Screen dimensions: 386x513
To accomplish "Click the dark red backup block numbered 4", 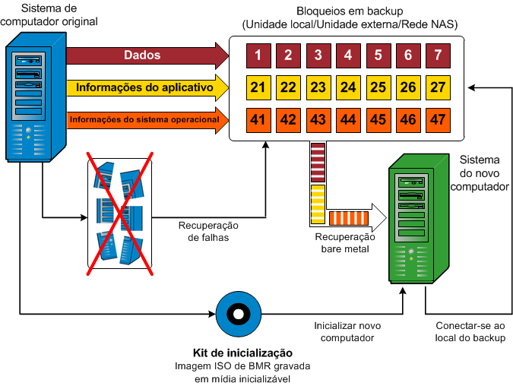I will tap(348, 55).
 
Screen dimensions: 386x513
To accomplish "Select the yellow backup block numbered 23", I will tap(318, 87).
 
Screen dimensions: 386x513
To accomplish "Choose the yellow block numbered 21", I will tap(258, 87).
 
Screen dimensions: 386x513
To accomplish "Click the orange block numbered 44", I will tap(348, 119).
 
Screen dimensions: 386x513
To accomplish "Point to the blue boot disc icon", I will tap(238, 312).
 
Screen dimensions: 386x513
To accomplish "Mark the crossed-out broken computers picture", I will tap(119, 210).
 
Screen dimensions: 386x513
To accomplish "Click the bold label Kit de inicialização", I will tap(243, 353).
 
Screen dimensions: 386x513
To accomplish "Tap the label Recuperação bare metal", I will tap(341, 242).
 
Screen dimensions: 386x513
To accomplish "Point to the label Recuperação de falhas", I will tap(208, 231).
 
